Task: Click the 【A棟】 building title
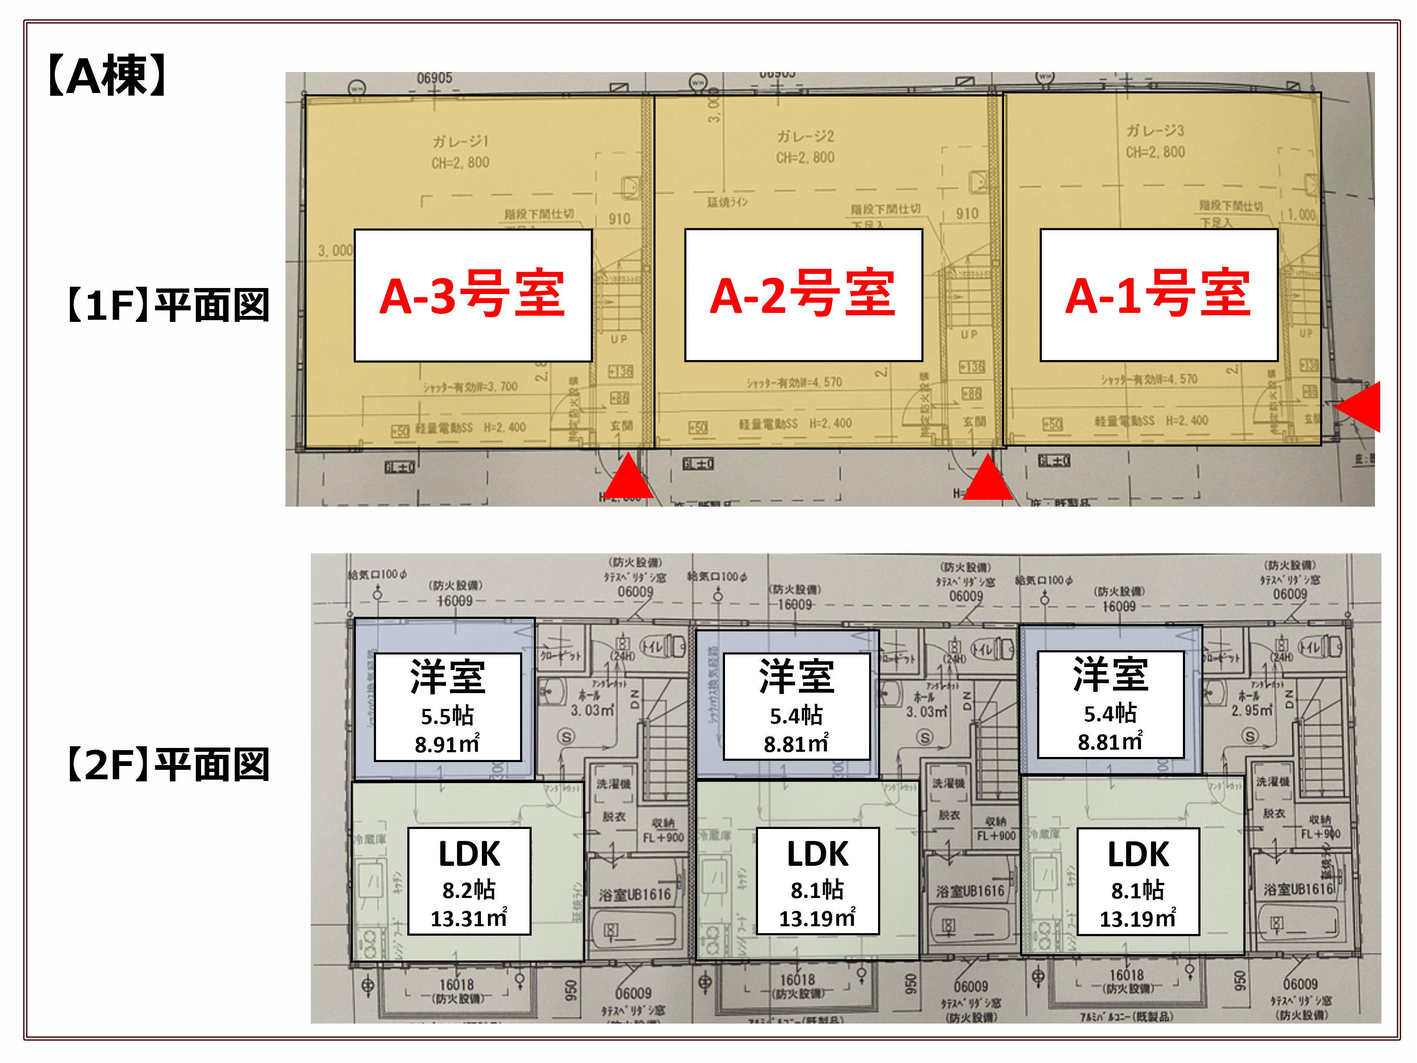(108, 75)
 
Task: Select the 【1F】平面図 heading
(168, 306)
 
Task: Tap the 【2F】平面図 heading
(168, 765)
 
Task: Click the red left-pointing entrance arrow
(1360, 407)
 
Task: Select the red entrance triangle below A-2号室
(988, 479)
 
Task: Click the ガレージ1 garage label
(460, 141)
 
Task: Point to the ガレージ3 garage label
(1155, 131)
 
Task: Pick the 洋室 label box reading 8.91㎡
(447, 706)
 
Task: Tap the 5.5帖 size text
(447, 715)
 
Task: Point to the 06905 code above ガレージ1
(434, 78)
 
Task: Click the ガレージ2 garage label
(805, 136)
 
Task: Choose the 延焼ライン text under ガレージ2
(727, 202)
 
